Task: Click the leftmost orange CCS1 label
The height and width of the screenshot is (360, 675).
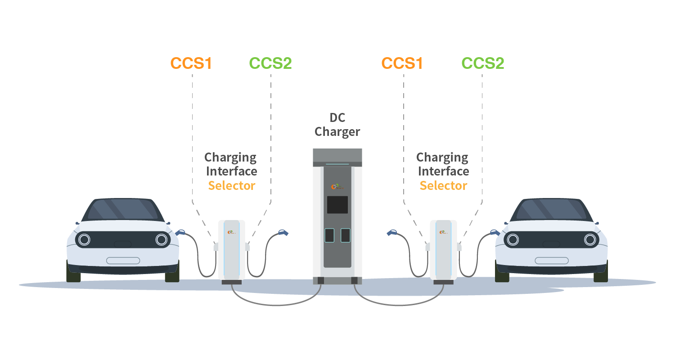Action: [x=191, y=63]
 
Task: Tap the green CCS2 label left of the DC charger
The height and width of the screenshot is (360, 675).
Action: [x=270, y=63]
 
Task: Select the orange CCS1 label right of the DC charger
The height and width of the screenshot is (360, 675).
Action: [x=402, y=63]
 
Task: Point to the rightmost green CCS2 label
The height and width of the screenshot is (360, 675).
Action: [x=482, y=63]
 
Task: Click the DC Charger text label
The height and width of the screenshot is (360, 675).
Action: [x=337, y=125]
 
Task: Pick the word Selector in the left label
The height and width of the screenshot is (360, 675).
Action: [x=232, y=185]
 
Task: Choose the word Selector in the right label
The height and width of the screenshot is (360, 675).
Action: [x=443, y=185]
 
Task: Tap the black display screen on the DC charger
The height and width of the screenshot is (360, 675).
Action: [x=337, y=205]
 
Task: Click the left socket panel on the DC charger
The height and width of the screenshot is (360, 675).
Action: [x=329, y=235]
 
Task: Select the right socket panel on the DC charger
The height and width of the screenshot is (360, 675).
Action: [x=345, y=235]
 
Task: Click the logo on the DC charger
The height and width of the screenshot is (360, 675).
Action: [x=336, y=186]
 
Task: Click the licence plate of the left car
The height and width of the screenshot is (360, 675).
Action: [x=123, y=261]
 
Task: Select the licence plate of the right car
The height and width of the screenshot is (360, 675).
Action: [x=551, y=261]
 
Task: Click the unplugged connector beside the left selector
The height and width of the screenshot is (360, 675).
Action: [x=283, y=233]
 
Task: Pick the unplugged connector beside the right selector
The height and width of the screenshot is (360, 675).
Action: [x=392, y=233]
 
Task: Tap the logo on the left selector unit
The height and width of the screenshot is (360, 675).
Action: [x=232, y=232]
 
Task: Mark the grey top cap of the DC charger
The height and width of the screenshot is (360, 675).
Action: [x=337, y=155]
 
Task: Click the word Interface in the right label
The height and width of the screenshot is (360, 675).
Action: [x=443, y=171]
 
